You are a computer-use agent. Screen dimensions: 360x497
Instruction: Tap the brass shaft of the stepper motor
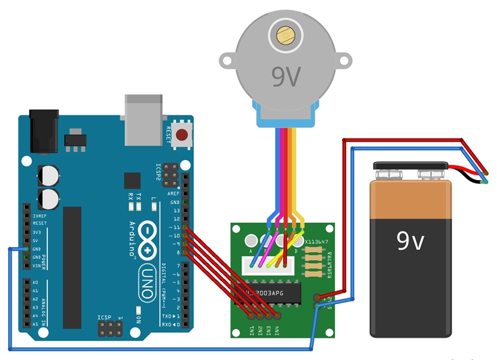(x=286, y=35)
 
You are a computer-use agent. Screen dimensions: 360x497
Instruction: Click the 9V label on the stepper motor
(x=286, y=76)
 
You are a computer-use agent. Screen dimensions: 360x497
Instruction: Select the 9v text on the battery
(x=411, y=241)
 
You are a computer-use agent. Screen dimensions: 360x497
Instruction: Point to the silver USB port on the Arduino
(x=145, y=118)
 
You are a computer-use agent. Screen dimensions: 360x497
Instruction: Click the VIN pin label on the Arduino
(x=35, y=265)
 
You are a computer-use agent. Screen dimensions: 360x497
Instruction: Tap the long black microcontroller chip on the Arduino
(x=71, y=267)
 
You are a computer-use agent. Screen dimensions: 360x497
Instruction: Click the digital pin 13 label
(x=176, y=210)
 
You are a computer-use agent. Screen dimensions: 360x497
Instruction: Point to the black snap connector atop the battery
(x=410, y=168)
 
